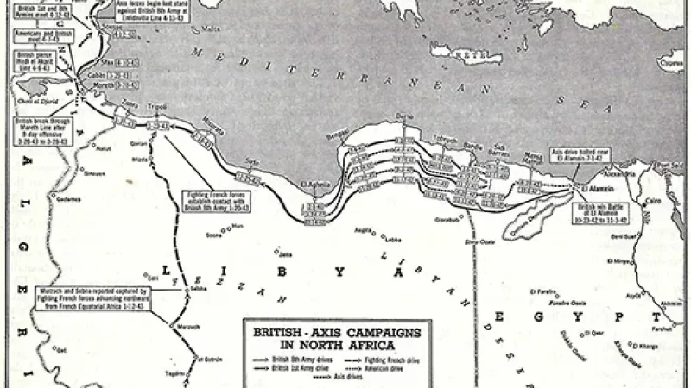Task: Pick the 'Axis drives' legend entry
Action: pos(323,376)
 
